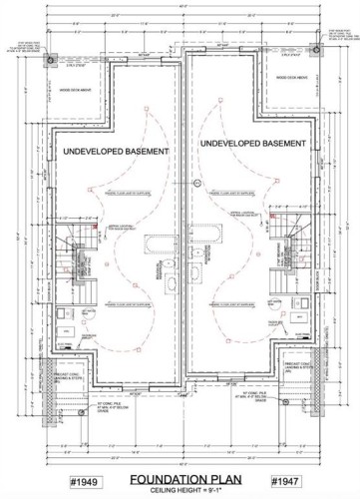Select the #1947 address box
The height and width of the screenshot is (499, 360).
(x=286, y=482)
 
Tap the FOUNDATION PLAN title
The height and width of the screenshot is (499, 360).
(x=180, y=479)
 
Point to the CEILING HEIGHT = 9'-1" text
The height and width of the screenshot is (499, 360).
(x=180, y=490)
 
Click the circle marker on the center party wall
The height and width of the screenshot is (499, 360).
(x=197, y=184)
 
